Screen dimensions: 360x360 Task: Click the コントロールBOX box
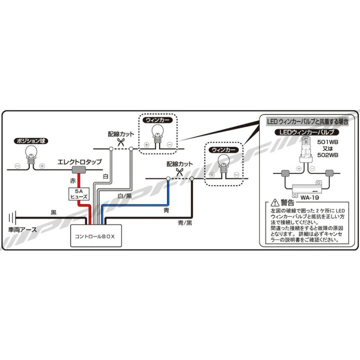click(x=95, y=236)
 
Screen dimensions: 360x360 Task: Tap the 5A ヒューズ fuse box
click(x=76, y=194)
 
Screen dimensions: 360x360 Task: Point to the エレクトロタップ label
click(x=80, y=162)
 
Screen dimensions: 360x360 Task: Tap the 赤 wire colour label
click(x=72, y=181)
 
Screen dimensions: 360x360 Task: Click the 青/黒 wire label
click(x=185, y=222)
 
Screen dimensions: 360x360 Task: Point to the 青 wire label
click(x=166, y=209)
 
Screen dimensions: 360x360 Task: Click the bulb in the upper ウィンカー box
click(x=158, y=132)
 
